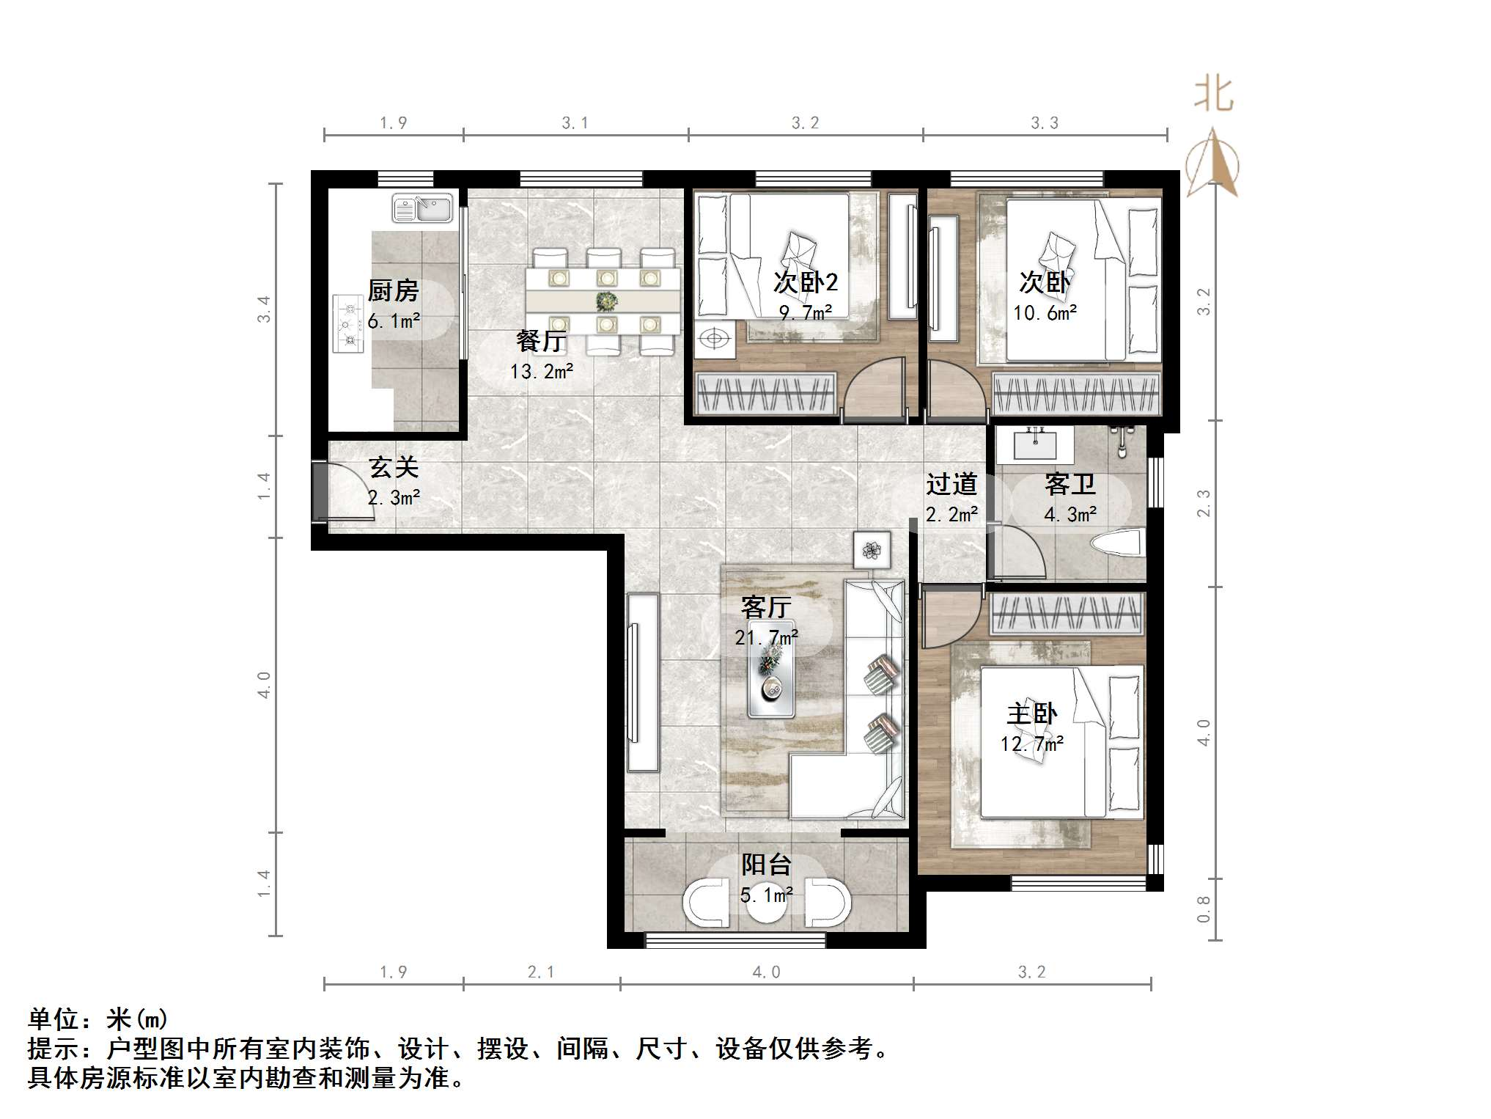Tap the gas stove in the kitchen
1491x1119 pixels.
tap(349, 323)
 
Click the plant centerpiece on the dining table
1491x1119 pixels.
tap(606, 301)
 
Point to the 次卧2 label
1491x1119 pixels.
tap(806, 282)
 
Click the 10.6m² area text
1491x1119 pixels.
tap(1045, 314)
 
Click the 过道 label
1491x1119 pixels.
tap(951, 485)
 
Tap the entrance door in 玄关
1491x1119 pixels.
tap(321, 492)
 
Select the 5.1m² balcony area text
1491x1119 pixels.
tap(766, 895)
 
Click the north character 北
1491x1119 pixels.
tap(1213, 95)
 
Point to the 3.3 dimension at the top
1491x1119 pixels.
tap(1045, 123)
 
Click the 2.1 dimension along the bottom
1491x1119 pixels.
tap(541, 972)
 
